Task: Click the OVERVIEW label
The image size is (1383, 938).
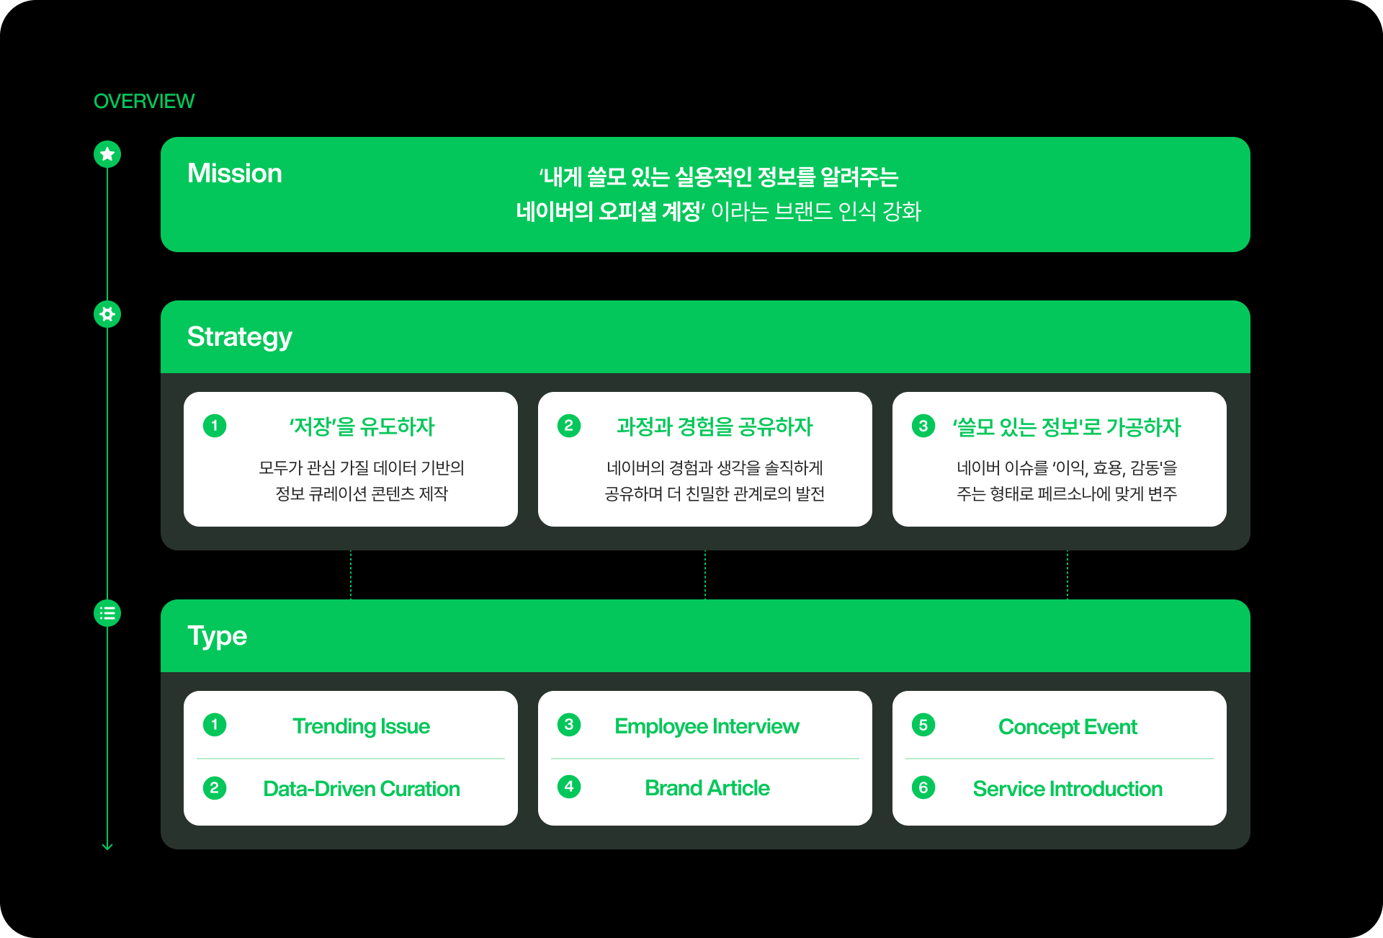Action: click(x=144, y=102)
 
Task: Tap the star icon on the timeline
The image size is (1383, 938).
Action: click(x=107, y=153)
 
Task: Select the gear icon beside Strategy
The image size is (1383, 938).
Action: click(x=107, y=314)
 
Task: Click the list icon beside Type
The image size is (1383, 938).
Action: click(x=107, y=613)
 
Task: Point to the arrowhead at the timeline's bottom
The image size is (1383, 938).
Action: click(x=107, y=847)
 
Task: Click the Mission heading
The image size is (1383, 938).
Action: click(x=234, y=174)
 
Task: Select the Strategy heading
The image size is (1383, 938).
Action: click(x=239, y=337)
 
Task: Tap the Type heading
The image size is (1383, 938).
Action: click(x=217, y=636)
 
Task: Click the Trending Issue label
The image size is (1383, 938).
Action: click(x=361, y=726)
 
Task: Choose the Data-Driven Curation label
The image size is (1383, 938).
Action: click(x=361, y=789)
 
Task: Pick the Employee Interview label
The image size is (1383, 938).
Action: click(x=707, y=726)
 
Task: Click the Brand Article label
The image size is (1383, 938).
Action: click(x=707, y=788)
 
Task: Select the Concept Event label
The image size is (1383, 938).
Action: click(x=1068, y=727)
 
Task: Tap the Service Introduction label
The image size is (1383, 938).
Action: click(x=1068, y=789)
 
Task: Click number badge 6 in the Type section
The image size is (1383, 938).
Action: click(x=923, y=787)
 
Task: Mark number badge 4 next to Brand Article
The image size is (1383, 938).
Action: click(x=569, y=787)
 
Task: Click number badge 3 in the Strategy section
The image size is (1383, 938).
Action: click(x=923, y=426)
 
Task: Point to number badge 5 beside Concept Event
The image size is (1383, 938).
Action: click(x=923, y=725)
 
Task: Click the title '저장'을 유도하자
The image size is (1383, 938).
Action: click(x=362, y=427)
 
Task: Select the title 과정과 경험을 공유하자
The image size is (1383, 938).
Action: click(x=715, y=427)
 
